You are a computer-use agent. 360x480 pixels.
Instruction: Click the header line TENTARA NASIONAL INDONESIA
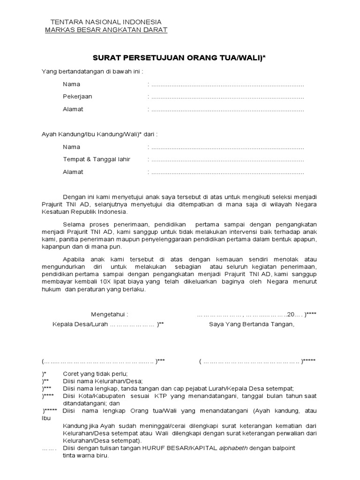pyautogui.click(x=105, y=22)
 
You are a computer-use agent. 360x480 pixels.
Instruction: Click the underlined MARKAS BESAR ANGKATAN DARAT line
pyautogui.click(x=105, y=30)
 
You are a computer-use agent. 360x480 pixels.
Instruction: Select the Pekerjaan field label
pyautogui.click(x=77, y=97)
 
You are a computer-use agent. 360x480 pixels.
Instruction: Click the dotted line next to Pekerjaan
pyautogui.click(x=227, y=97)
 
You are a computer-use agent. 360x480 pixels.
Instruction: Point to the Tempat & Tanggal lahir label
pyautogui.click(x=97, y=159)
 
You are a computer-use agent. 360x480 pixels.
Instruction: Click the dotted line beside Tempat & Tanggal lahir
pyautogui.click(x=227, y=160)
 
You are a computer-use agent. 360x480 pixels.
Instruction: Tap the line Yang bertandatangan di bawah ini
pyautogui.click(x=92, y=72)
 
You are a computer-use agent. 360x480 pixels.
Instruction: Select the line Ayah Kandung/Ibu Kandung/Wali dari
pyautogui.click(x=100, y=134)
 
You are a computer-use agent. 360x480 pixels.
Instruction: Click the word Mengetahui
pyautogui.click(x=109, y=314)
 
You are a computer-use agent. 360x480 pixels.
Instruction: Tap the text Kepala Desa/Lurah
pyautogui.click(x=80, y=324)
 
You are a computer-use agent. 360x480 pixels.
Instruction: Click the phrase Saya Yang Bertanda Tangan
pyautogui.click(x=252, y=324)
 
